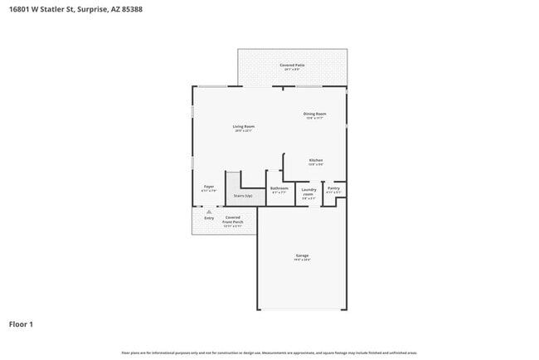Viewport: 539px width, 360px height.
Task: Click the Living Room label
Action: pos(243,126)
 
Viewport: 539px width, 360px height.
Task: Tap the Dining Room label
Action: pos(314,114)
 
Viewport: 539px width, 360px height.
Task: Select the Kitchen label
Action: pos(316,160)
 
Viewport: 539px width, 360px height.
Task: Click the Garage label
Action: pos(303,255)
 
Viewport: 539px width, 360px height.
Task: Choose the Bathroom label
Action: pos(279,188)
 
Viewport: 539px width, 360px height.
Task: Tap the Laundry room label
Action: pos(308,191)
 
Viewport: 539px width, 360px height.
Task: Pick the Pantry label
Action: pos(333,188)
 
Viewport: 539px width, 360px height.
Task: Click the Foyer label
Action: pos(209,187)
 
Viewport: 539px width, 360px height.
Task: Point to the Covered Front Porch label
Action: pos(232,220)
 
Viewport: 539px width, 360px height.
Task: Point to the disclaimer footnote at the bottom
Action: pos(269,353)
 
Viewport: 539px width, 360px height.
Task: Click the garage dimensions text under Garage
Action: pos(303,260)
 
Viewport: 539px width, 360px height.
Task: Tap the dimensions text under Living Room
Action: pos(243,131)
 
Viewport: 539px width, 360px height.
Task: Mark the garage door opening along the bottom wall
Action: pos(302,310)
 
